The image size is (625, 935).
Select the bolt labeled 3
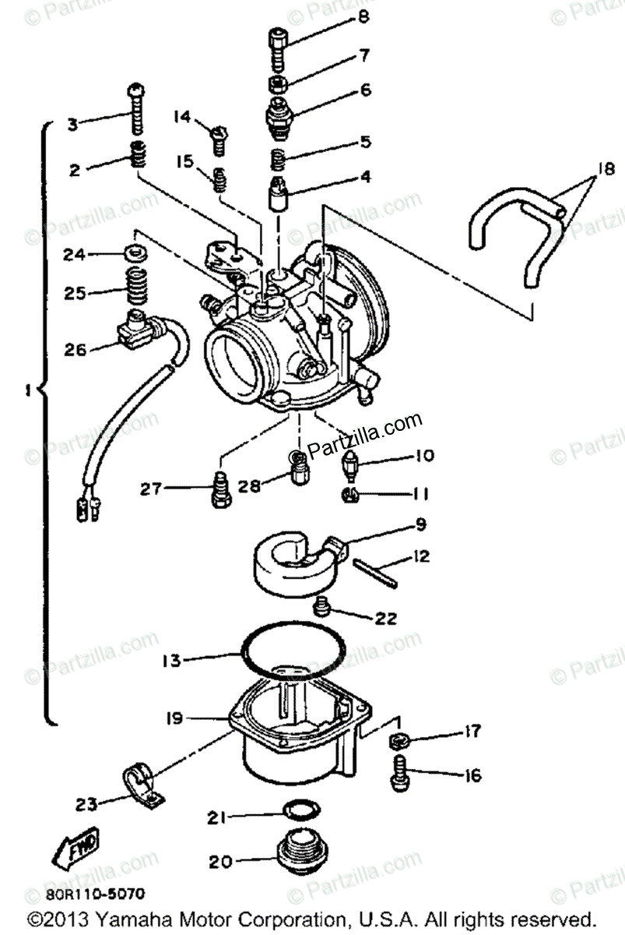(x=137, y=109)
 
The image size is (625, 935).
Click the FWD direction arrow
(x=74, y=849)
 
